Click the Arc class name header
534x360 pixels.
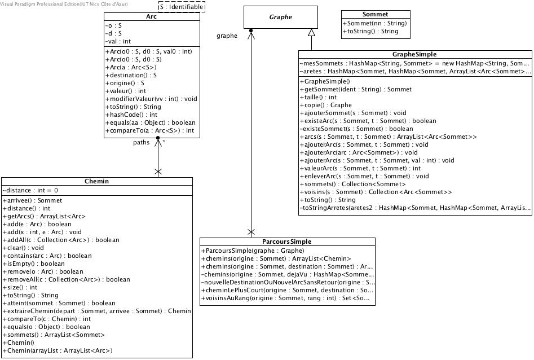tap(151, 17)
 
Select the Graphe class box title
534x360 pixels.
tap(280, 17)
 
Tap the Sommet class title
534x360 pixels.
tap(374, 14)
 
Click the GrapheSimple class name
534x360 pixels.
tap(414, 54)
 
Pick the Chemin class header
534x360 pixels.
tap(96, 181)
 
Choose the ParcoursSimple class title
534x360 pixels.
tap(287, 242)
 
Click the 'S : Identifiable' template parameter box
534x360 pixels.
tap(181, 7)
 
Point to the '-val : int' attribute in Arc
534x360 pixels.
tap(118, 41)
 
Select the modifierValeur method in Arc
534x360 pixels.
tap(151, 99)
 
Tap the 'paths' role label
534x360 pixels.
tap(141, 142)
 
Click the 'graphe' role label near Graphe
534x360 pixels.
tap(227, 36)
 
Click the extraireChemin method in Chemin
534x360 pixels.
tap(97, 311)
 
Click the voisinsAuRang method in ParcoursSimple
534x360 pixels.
tap(288, 298)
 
